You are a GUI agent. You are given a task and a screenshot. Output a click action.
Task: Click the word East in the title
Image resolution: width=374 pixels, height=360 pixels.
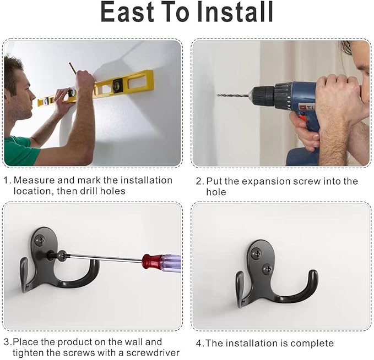point(127,12)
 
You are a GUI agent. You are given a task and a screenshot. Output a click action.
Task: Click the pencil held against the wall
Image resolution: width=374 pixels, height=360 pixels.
point(72,68)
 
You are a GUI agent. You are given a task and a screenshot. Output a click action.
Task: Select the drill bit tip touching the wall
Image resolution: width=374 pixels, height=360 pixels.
point(218,95)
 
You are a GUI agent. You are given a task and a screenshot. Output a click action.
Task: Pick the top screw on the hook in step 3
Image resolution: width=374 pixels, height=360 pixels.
point(40,240)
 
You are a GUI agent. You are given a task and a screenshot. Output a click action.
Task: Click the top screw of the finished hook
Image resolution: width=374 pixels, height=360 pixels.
point(257,253)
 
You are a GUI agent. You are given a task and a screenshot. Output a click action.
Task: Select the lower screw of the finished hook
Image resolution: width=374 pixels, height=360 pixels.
point(267,269)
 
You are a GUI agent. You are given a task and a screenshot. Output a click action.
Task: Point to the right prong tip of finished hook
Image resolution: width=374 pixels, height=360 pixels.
point(313,273)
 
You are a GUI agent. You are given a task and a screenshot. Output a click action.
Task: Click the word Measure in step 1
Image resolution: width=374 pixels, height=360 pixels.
point(34,180)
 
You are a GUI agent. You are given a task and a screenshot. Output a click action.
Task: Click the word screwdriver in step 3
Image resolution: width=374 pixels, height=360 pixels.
point(153,353)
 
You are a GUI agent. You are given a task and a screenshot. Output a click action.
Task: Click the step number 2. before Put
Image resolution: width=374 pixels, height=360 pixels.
point(200,181)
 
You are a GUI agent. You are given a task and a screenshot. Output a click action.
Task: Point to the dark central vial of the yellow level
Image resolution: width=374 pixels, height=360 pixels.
point(117,85)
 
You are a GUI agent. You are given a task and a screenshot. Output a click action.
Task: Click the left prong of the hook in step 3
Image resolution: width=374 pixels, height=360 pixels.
point(24,274)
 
